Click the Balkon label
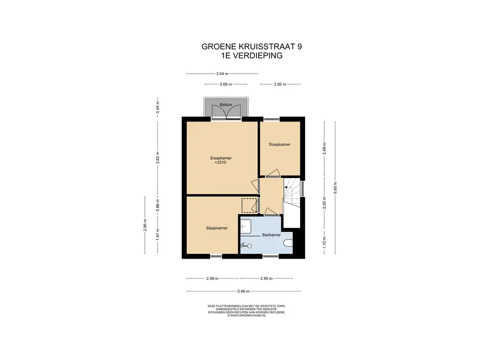coord(226,105)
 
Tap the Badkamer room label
coord(271,235)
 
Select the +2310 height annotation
coord(220,163)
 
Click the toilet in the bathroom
coord(288,243)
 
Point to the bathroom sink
coord(246,226)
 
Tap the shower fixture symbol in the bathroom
coord(247,245)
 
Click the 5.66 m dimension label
coord(243,292)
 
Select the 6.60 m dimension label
coord(335,187)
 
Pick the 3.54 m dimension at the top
coord(222,74)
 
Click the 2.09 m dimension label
coord(225,84)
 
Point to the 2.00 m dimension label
coord(280,84)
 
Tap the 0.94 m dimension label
coord(157,107)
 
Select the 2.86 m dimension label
coord(145,225)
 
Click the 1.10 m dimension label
coord(324,242)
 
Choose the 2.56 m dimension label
coord(212,278)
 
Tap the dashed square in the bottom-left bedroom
coord(249,205)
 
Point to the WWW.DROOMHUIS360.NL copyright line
coord(247,315)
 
